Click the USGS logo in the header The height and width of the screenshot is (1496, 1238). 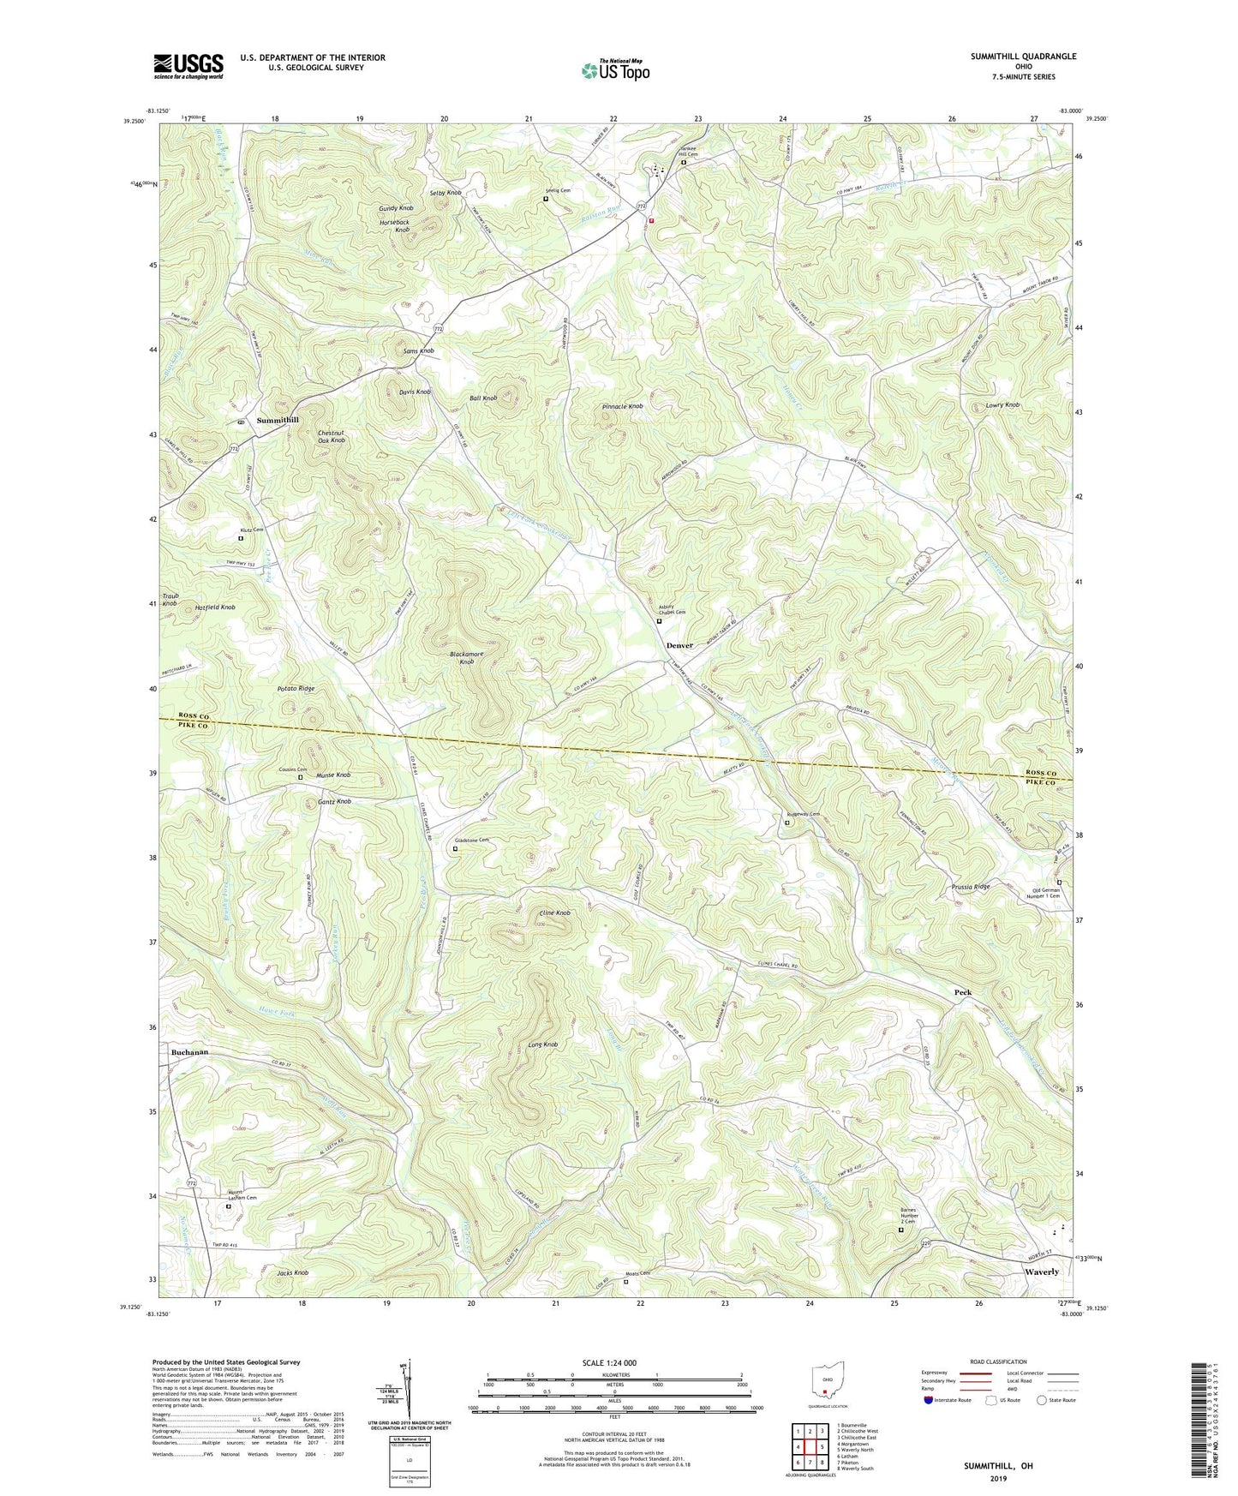[188, 66]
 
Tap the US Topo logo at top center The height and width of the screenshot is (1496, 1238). [614, 70]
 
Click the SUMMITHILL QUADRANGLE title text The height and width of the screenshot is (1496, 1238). [1023, 57]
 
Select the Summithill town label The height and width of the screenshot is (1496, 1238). [278, 420]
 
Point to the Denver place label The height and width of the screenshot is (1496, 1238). [679, 645]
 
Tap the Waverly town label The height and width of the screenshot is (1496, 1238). [1042, 1272]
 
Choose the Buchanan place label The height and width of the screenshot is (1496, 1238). [189, 1052]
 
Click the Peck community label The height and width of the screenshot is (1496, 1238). [963, 992]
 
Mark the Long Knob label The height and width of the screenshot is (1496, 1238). [543, 1044]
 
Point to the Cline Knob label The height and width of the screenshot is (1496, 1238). [554, 913]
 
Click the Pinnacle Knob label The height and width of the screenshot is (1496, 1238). [623, 406]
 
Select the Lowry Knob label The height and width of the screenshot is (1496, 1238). [1002, 404]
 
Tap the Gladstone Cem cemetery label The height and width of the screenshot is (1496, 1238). [472, 841]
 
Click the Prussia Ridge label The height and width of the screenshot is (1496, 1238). [971, 887]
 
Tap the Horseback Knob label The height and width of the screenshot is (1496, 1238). [396, 226]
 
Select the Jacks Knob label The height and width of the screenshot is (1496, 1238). [293, 1272]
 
